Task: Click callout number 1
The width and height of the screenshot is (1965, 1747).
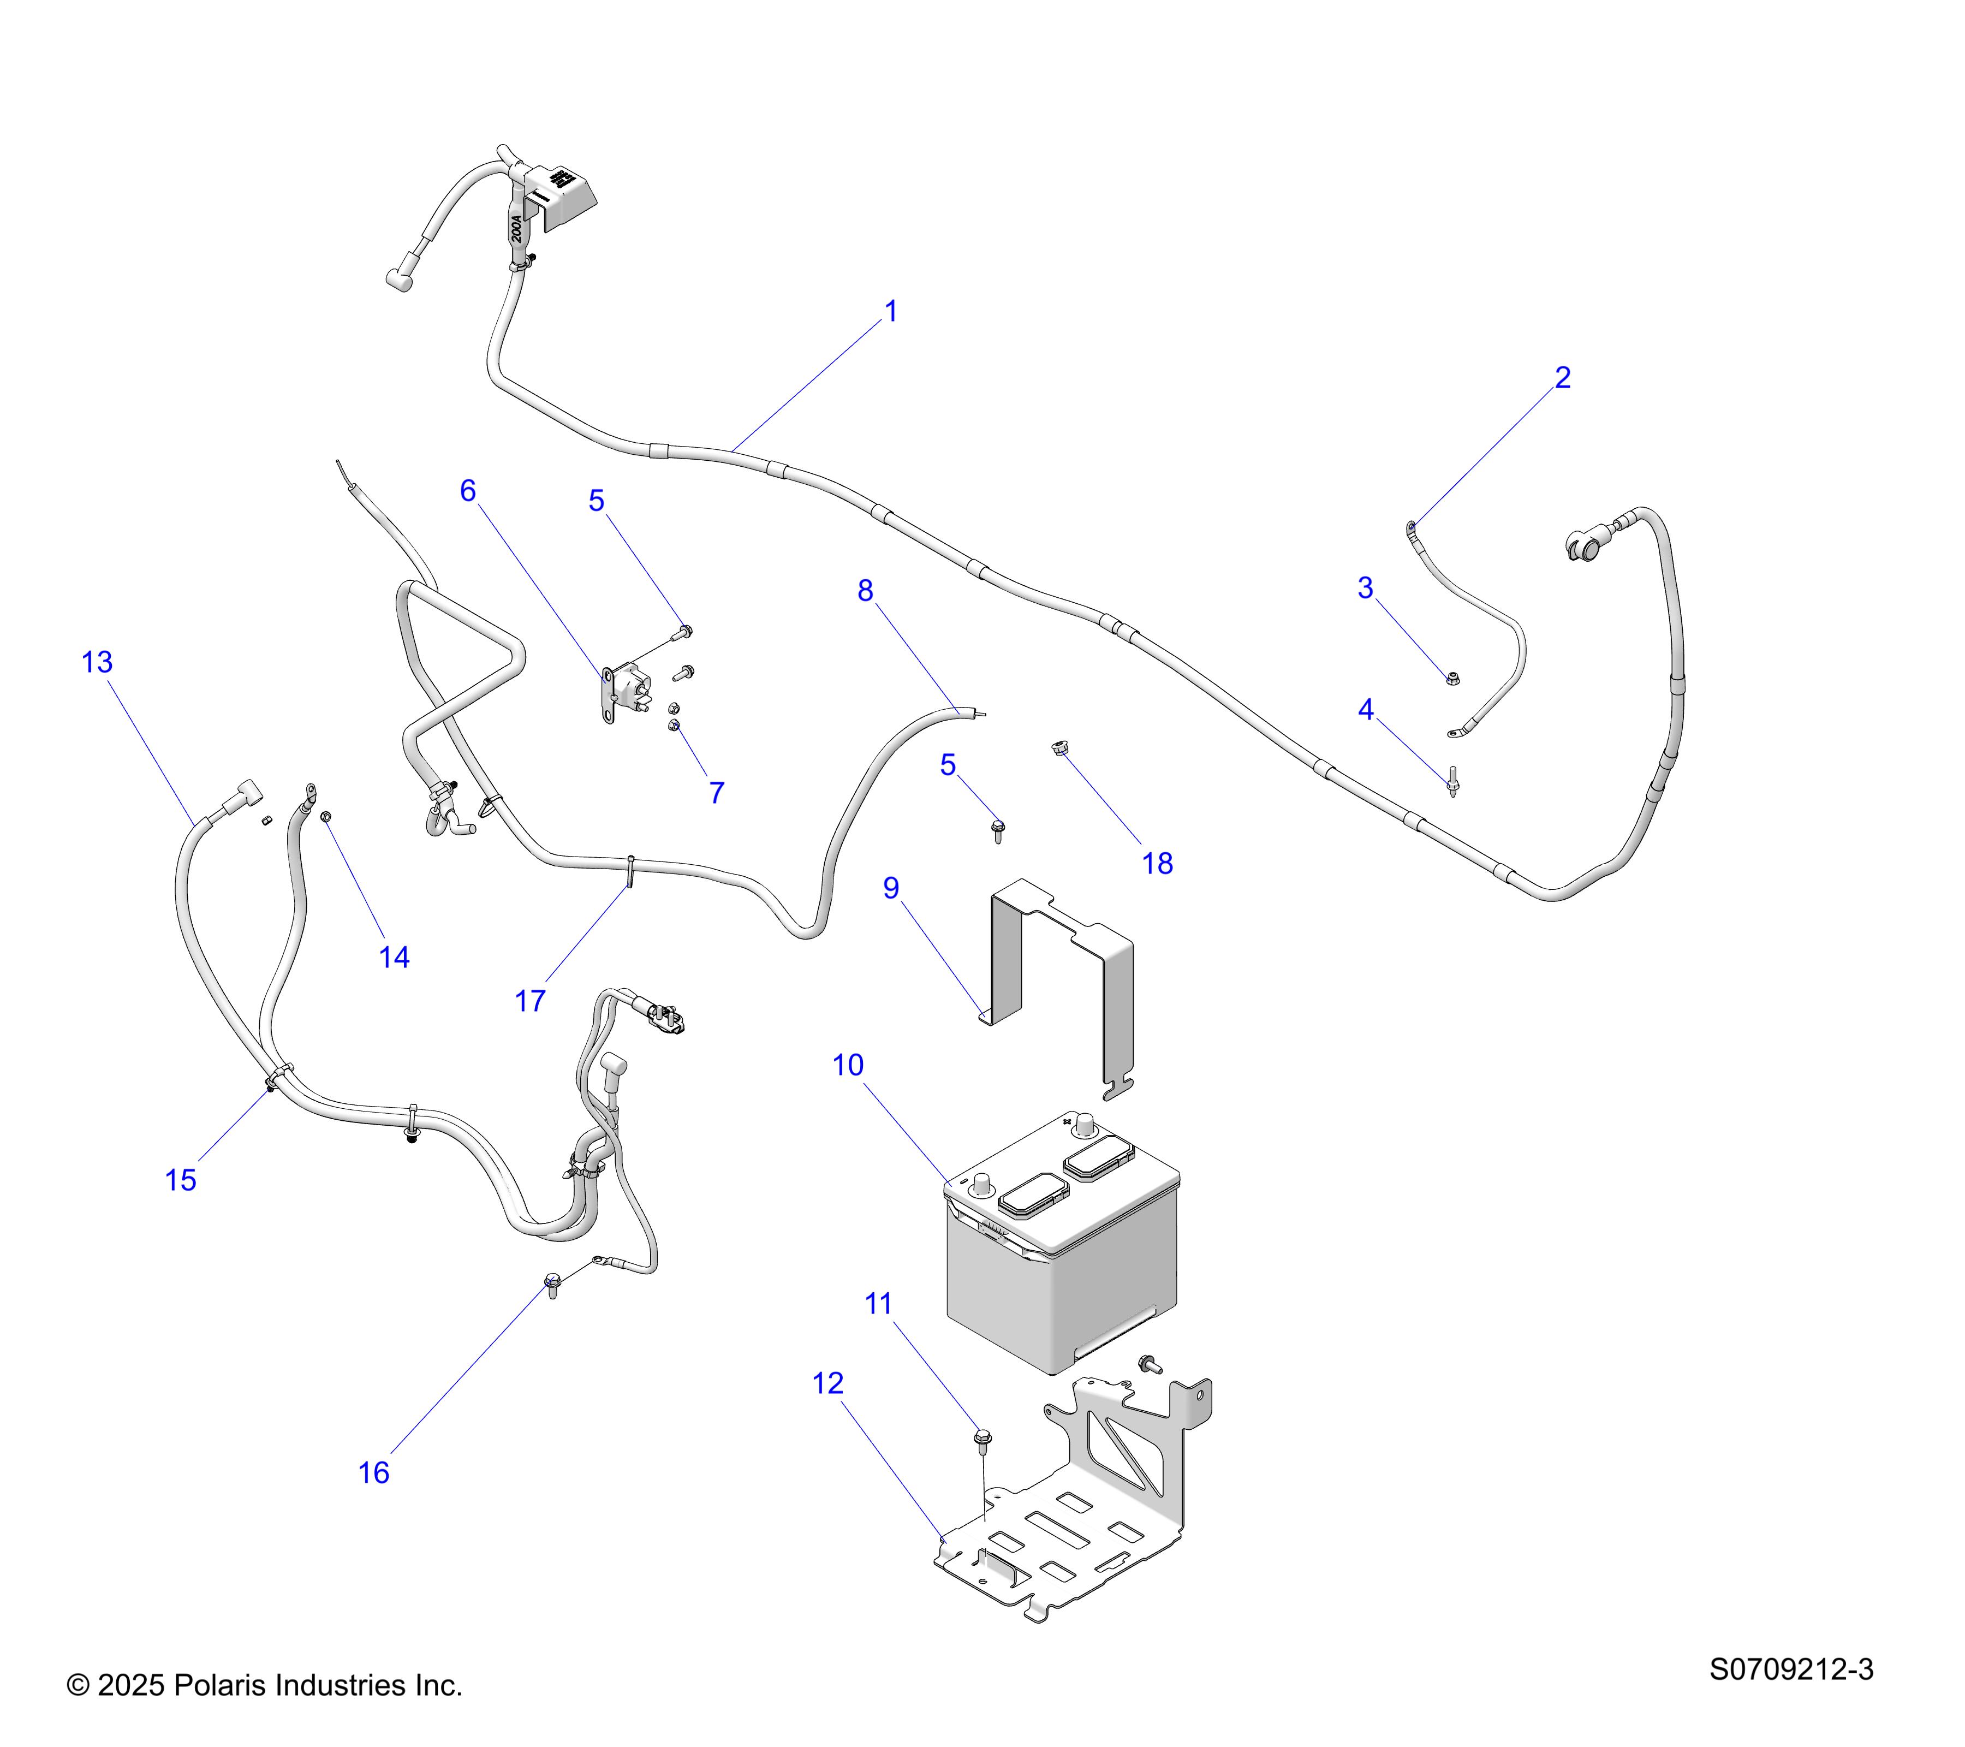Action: [x=890, y=312]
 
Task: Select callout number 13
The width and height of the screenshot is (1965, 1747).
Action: [x=97, y=662]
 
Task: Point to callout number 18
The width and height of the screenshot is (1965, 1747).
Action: [x=1158, y=864]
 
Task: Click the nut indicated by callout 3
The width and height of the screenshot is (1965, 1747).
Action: [x=1452, y=679]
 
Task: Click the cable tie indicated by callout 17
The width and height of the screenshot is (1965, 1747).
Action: [x=630, y=870]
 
